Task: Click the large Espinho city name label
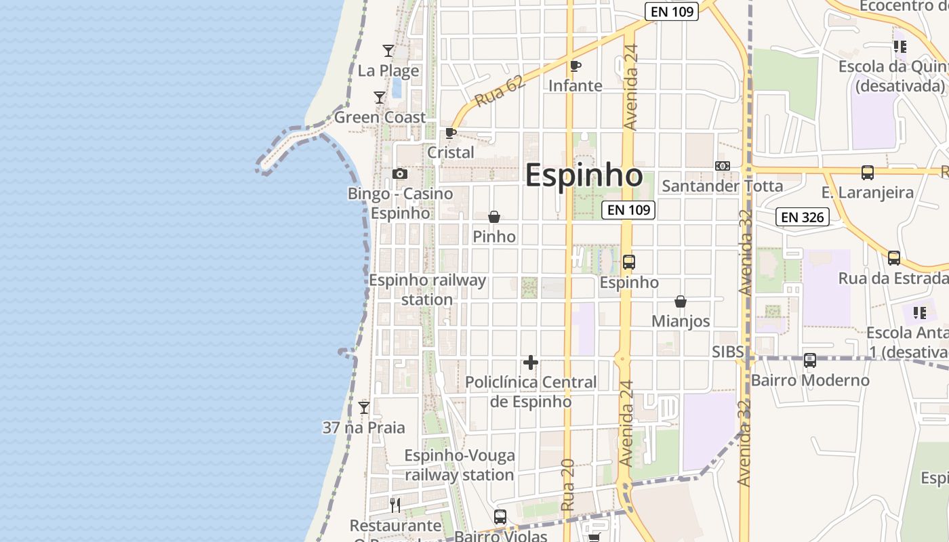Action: point(584,175)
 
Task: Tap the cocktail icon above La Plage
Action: point(388,50)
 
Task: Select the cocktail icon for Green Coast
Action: point(380,98)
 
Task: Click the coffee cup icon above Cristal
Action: point(451,133)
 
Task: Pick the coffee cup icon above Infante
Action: point(576,66)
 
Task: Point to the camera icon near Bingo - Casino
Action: point(400,174)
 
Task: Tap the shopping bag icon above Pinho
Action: point(494,217)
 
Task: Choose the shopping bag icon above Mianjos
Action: point(681,301)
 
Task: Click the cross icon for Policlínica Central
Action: point(531,362)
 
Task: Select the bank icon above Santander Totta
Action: point(723,166)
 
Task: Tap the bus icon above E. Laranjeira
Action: point(868,172)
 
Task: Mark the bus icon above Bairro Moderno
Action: point(810,360)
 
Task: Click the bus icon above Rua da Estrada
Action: point(894,258)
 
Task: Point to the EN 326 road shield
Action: point(803,217)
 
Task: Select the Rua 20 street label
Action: point(568,485)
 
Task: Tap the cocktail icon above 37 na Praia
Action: point(364,408)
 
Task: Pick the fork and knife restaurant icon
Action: point(395,505)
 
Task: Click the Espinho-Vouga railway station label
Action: point(460,465)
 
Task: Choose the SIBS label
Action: point(728,352)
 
